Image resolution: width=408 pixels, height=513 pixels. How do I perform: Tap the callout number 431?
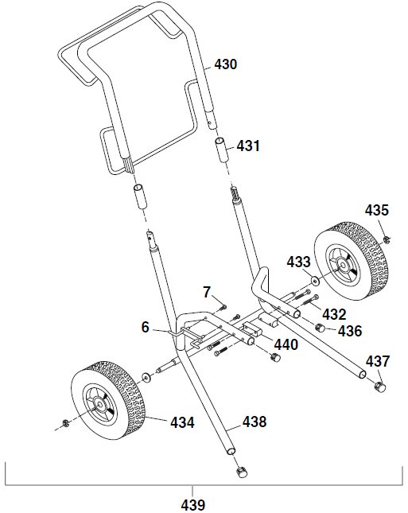[x=248, y=146]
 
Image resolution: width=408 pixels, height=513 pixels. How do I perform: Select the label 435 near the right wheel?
[x=377, y=211]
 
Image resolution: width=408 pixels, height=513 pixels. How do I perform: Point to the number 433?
[x=299, y=262]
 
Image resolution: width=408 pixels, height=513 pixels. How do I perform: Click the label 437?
[x=378, y=360]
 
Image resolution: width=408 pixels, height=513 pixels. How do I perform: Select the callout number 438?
[x=254, y=422]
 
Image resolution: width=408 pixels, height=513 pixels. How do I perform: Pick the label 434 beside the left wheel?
[x=181, y=422]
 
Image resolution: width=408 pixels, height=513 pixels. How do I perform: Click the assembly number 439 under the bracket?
[x=192, y=504]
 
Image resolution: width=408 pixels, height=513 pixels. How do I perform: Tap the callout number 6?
[x=146, y=327]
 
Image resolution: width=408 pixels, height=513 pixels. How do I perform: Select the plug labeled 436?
[x=322, y=328]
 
